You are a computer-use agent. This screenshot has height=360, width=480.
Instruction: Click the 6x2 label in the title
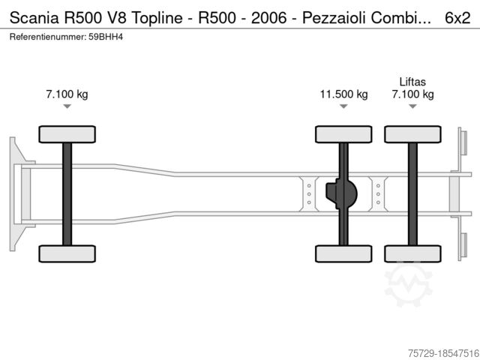click(457, 18)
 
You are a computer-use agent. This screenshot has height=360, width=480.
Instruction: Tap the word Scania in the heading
click(34, 18)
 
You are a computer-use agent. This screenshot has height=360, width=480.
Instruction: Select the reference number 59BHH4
click(106, 37)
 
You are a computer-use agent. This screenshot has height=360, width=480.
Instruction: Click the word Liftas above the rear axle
click(412, 82)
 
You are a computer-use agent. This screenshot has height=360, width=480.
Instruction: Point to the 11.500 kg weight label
click(343, 94)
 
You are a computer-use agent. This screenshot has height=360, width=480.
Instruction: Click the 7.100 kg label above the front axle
click(67, 94)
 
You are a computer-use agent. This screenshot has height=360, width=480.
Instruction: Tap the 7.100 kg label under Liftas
click(412, 94)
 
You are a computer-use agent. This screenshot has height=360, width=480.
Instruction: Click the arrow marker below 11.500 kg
click(343, 106)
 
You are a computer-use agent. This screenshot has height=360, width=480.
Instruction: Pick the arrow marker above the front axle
click(67, 106)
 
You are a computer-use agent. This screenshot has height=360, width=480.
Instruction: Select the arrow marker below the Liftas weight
click(412, 106)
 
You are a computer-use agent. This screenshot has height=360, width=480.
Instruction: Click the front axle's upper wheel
click(67, 134)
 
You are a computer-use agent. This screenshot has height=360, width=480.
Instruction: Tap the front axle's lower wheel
click(67, 253)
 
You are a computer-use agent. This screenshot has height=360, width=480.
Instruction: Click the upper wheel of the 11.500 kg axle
click(343, 134)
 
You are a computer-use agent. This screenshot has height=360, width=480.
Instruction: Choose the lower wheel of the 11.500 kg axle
click(343, 253)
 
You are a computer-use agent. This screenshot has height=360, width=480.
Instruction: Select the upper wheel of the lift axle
click(412, 134)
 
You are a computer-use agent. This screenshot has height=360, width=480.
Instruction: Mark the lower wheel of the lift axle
click(412, 253)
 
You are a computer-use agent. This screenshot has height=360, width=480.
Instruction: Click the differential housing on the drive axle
click(341, 193)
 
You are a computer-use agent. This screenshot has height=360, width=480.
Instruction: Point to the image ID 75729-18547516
click(443, 353)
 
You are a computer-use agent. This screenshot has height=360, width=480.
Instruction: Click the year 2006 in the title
click(268, 18)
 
